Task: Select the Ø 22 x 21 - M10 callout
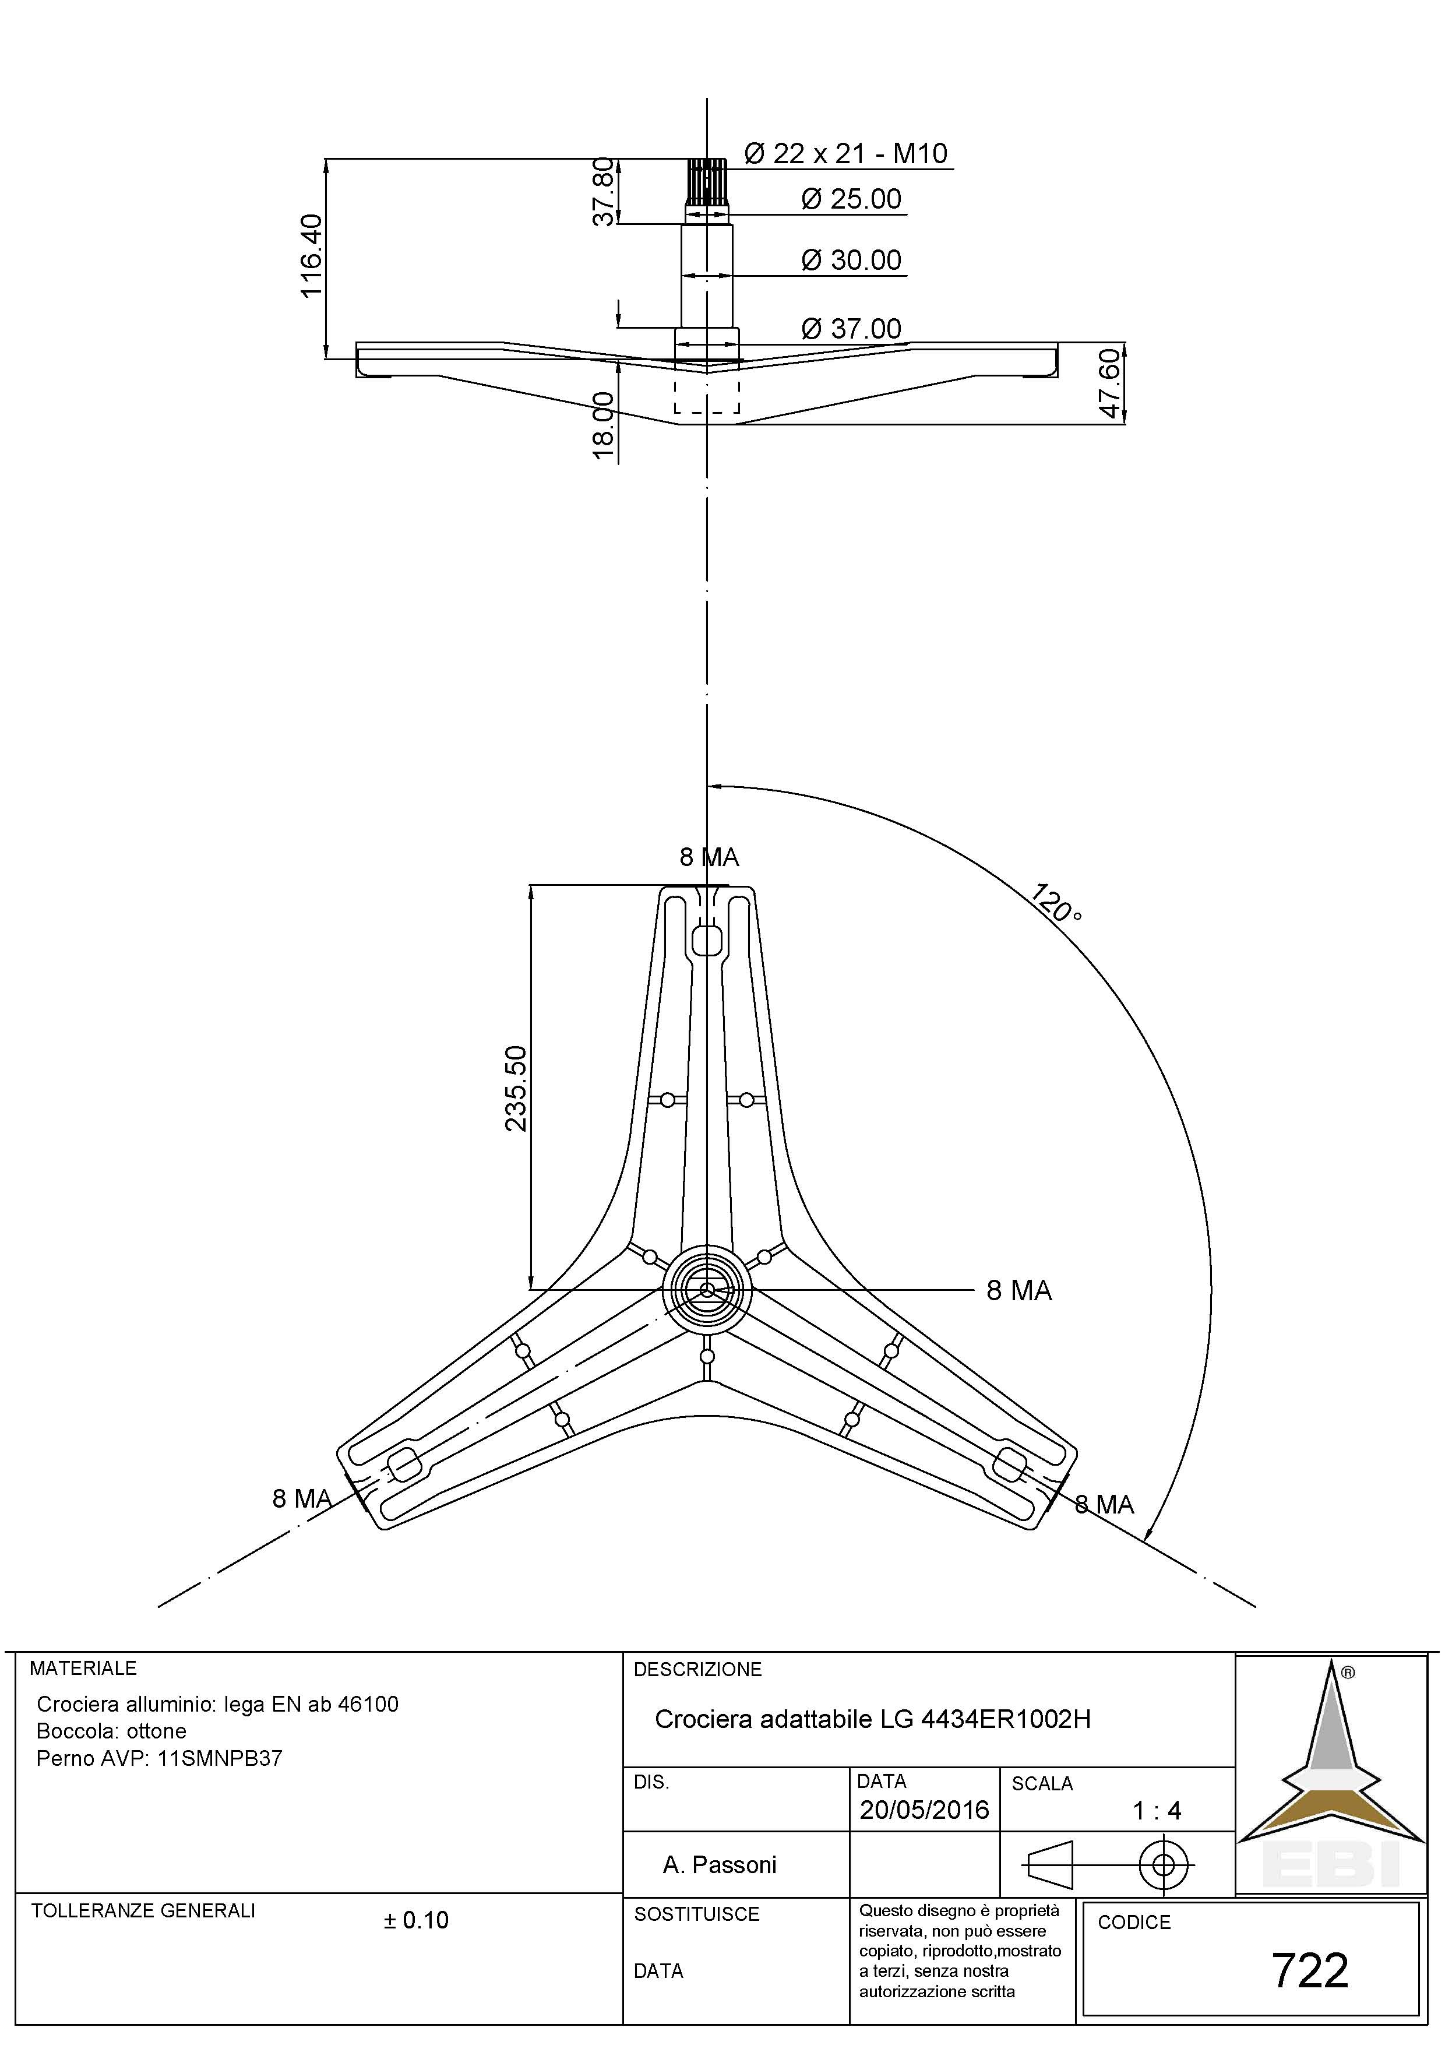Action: click(845, 154)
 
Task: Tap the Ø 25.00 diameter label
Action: click(851, 199)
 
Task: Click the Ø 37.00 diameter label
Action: click(851, 329)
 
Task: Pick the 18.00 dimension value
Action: click(604, 426)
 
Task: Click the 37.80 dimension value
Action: click(604, 192)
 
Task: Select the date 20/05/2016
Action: click(924, 1810)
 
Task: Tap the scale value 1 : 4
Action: click(1157, 1810)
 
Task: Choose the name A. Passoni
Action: click(720, 1864)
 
